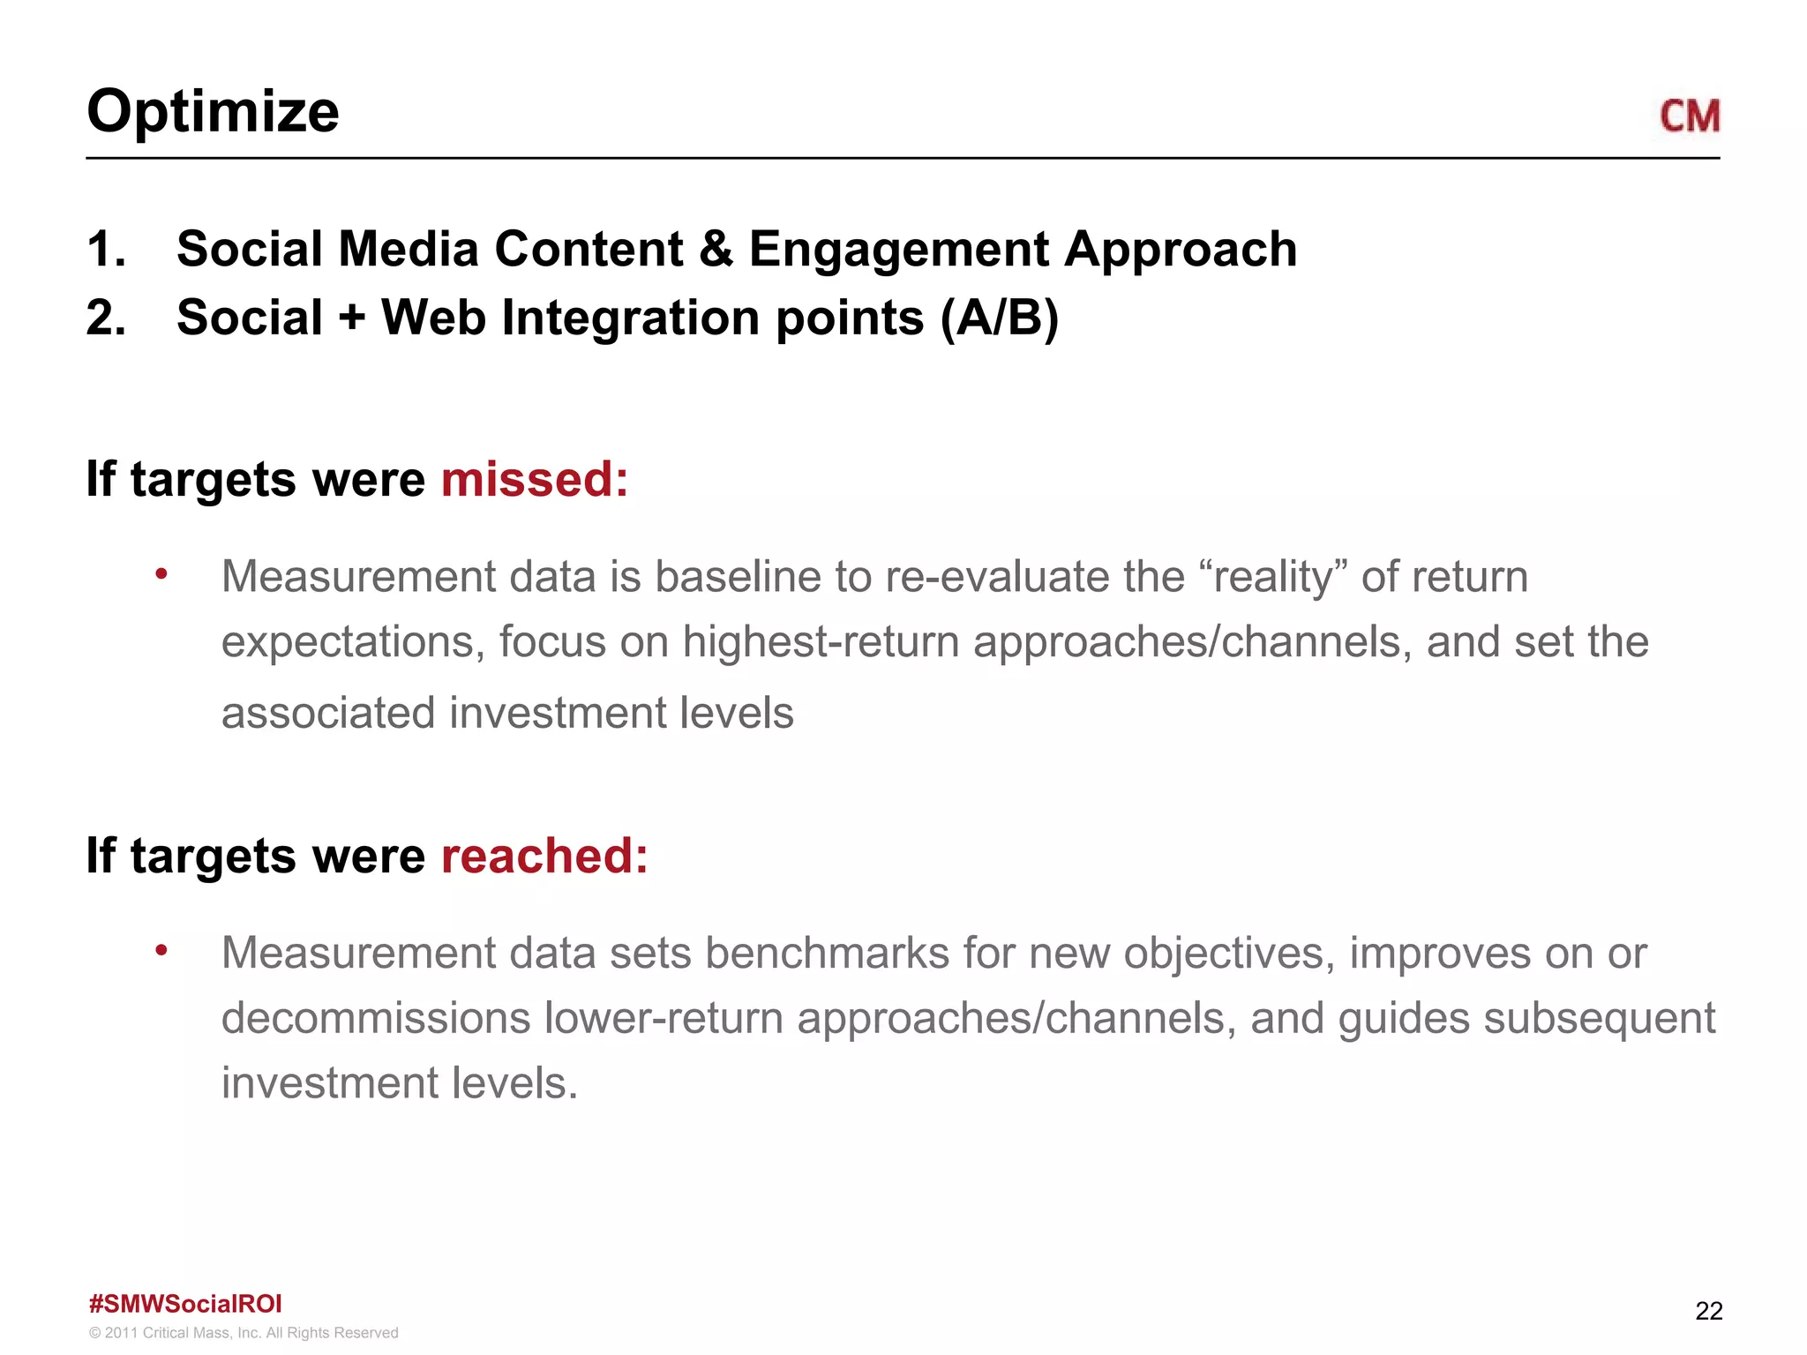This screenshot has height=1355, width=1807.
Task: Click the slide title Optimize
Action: [x=213, y=112]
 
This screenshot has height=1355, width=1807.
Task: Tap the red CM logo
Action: [x=1689, y=116]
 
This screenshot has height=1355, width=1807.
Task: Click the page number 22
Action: [x=1708, y=1311]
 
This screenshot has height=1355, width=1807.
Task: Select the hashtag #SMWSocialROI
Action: [x=185, y=1304]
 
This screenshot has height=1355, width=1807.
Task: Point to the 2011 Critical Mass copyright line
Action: [x=244, y=1333]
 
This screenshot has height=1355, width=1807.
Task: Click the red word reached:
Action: [x=544, y=856]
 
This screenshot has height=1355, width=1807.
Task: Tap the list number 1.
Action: [x=106, y=249]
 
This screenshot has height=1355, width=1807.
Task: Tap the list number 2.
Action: [x=106, y=318]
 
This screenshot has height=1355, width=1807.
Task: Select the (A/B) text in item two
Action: [x=999, y=318]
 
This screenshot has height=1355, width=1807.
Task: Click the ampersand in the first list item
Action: [x=716, y=250]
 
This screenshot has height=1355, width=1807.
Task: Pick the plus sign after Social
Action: [x=352, y=318]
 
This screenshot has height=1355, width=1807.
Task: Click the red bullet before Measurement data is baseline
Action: [x=161, y=574]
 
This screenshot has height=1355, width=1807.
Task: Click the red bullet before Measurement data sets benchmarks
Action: [x=161, y=951]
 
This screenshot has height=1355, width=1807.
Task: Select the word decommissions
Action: [x=375, y=1018]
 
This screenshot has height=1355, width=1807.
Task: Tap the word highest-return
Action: [x=821, y=642]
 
